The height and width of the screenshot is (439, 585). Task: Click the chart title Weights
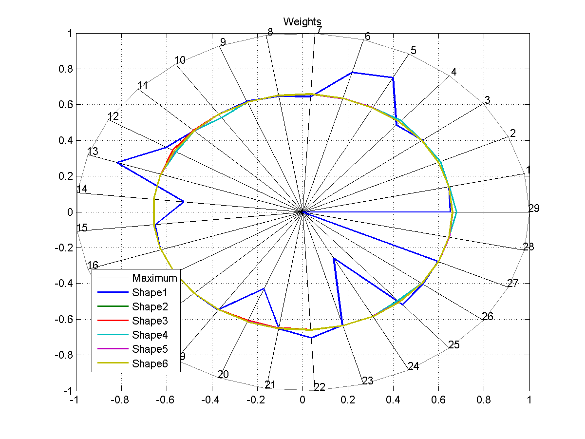[x=302, y=21]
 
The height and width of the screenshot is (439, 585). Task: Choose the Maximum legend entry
[x=154, y=278]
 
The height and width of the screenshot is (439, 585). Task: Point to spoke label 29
[x=534, y=209]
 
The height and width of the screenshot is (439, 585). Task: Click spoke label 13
[x=93, y=152]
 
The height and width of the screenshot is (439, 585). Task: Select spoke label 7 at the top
[x=319, y=30]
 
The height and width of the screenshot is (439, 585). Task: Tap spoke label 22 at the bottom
[x=320, y=387]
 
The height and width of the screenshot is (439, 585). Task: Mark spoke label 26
[x=487, y=317]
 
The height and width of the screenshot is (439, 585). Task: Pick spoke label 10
[x=180, y=60]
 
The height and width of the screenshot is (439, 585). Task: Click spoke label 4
[x=453, y=72]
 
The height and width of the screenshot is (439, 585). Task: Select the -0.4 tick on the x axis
[x=211, y=400]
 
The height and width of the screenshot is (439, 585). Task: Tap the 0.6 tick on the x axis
[x=438, y=400]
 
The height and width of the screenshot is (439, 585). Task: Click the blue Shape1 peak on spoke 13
[x=117, y=162]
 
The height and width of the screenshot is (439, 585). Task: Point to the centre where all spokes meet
[x=302, y=212]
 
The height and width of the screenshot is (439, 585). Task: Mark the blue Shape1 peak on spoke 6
[x=352, y=73]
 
